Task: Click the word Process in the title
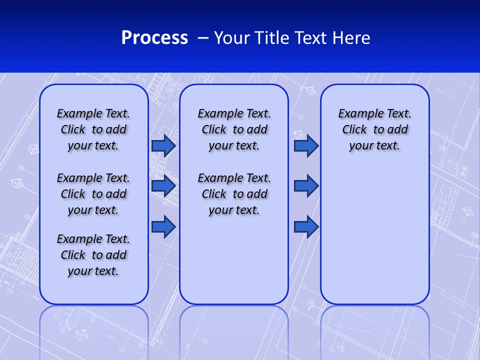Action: pos(154,38)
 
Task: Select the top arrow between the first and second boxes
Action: pos(163,145)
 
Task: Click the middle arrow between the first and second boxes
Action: pos(163,186)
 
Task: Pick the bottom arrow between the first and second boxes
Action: pos(163,226)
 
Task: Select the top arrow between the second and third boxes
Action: pos(306,145)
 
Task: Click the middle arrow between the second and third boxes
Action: pos(306,186)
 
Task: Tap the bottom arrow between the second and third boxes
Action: pos(306,226)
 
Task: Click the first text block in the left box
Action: pos(93,129)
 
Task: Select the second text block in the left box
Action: pos(93,194)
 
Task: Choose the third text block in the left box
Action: pos(93,255)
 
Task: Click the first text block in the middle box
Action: pos(234,129)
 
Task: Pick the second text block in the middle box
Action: pos(234,194)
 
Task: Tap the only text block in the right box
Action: pos(375,129)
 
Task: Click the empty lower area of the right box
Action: pos(375,235)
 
